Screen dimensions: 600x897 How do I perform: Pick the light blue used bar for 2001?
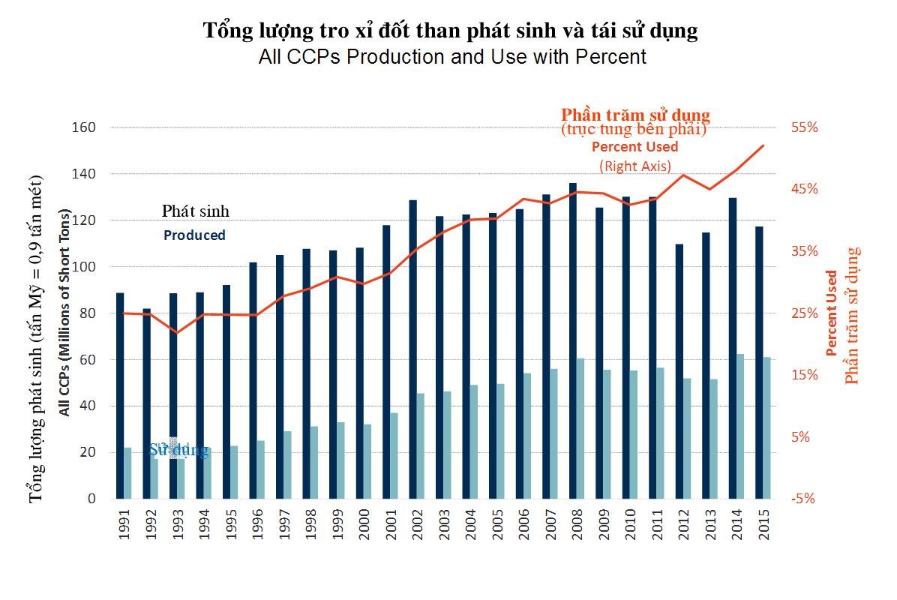393,455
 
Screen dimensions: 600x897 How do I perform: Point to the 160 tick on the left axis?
87,127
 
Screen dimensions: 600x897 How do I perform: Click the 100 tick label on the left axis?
87,267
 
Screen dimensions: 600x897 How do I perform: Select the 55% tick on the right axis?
803,127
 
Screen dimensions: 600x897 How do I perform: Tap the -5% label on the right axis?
802,499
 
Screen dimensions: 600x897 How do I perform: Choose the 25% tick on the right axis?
803,313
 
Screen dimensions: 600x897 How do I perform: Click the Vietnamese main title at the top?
451,31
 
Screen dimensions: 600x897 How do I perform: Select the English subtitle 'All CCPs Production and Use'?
451,56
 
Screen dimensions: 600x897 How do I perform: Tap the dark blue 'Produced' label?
194,235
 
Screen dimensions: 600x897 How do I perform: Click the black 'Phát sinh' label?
195,211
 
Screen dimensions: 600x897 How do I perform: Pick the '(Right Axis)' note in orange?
635,166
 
